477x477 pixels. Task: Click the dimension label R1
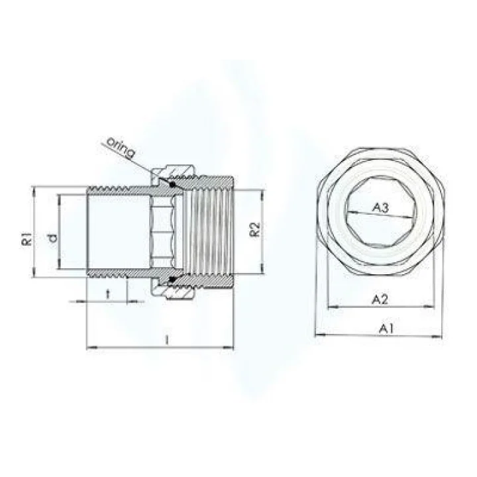pos(26,240)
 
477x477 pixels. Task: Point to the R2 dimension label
pos(253,231)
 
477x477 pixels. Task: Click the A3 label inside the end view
pos(380,208)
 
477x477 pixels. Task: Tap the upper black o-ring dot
pos(172,185)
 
